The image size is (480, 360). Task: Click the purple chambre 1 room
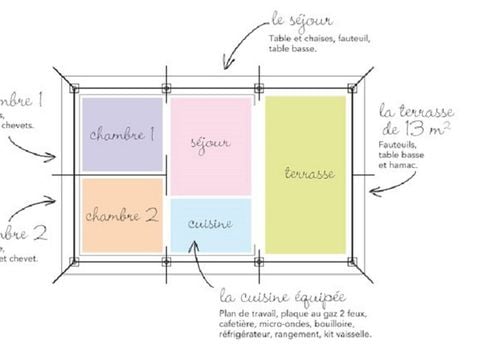[121, 134]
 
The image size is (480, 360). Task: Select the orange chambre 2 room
[121, 214]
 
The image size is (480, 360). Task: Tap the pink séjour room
[210, 146]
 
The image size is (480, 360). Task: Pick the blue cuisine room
[210, 225]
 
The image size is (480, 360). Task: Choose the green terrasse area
[306, 174]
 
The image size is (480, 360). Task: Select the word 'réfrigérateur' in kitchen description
[247, 334]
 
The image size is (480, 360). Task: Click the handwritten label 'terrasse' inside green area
[306, 174]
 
